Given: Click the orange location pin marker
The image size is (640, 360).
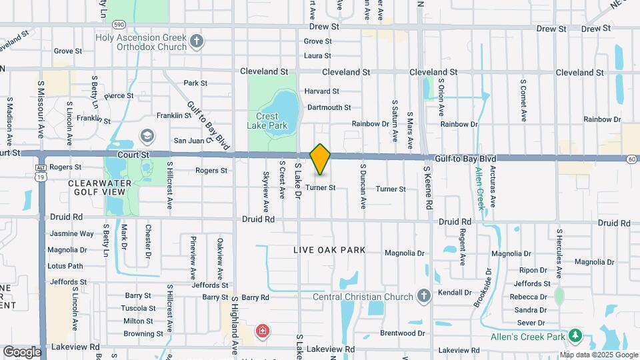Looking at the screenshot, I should coord(321,159).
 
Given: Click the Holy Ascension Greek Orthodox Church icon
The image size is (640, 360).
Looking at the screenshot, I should coord(196,42).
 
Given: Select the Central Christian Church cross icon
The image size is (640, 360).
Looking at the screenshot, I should coord(423,295).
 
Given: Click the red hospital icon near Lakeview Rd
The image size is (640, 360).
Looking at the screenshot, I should coord(263,331).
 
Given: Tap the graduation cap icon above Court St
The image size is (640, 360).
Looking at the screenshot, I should coord(147,137).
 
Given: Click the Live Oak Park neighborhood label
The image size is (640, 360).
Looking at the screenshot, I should coord(330,250).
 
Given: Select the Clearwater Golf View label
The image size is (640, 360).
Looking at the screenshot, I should coord(97,187).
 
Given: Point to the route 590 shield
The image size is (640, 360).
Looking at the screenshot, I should coord(119,24).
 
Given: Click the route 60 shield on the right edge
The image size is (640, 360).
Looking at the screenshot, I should coord(631,159).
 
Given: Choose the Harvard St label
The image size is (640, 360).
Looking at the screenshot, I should coord(322,91).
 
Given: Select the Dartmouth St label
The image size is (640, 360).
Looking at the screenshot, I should coord(329,107).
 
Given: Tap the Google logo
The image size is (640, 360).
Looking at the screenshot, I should coord(21,352).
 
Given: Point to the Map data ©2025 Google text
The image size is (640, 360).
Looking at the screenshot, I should coord(597,354).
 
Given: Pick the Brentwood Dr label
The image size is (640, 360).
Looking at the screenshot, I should coord(403,333).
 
